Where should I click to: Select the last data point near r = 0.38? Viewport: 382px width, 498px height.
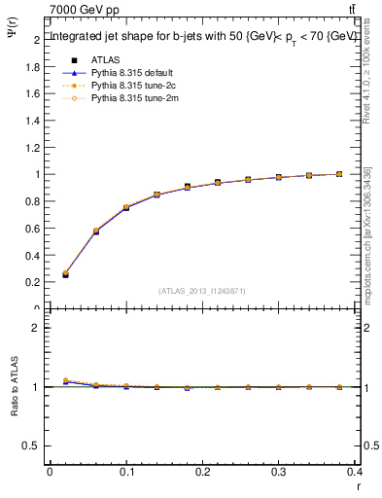click(x=338, y=174)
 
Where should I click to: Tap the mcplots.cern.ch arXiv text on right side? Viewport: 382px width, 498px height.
click(x=367, y=234)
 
